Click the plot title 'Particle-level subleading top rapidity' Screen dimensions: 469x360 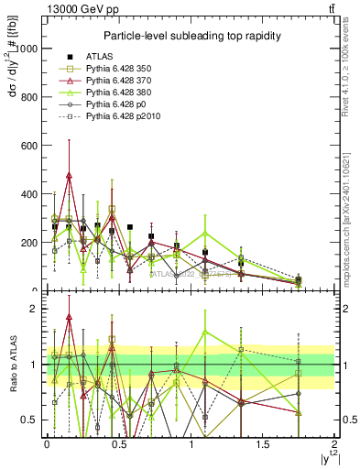point(191,36)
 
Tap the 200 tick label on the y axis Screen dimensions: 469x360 point(30,243)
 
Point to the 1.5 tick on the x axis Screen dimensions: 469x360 point(263,444)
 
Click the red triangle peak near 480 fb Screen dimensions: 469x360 point(69,174)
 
